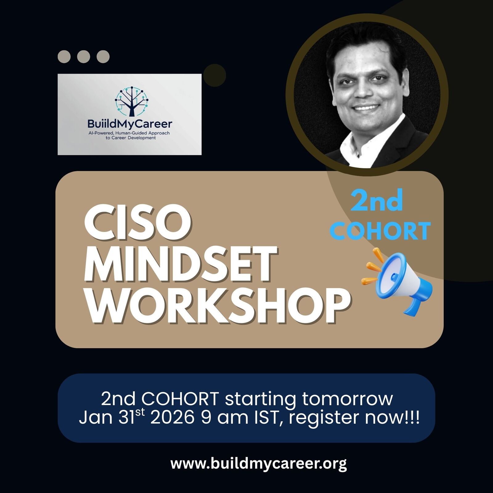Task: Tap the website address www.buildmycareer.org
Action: coord(259,464)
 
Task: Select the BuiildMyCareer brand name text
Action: coord(130,124)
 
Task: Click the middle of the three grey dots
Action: coord(84,57)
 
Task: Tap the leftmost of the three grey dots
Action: coord(64,57)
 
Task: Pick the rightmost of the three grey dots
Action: coord(103,57)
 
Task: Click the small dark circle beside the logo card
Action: coord(215,75)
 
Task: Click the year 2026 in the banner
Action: coord(172,418)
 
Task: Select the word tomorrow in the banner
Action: coord(347,399)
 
